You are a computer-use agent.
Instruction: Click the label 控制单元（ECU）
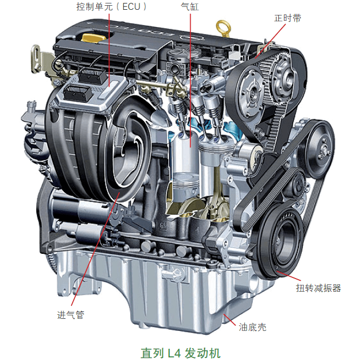pos(111,7)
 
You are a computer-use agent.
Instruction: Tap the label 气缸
pos(190,7)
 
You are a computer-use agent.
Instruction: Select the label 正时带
pos(287,18)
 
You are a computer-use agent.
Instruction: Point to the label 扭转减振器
pos(319,288)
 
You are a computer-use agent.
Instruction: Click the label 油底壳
pos(252,327)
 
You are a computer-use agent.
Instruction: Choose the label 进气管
pos(70,315)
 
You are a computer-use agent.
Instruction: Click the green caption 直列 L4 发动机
pos(180,353)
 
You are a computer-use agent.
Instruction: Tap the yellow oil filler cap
pos(93,38)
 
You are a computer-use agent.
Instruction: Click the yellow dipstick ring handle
pos(223,28)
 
